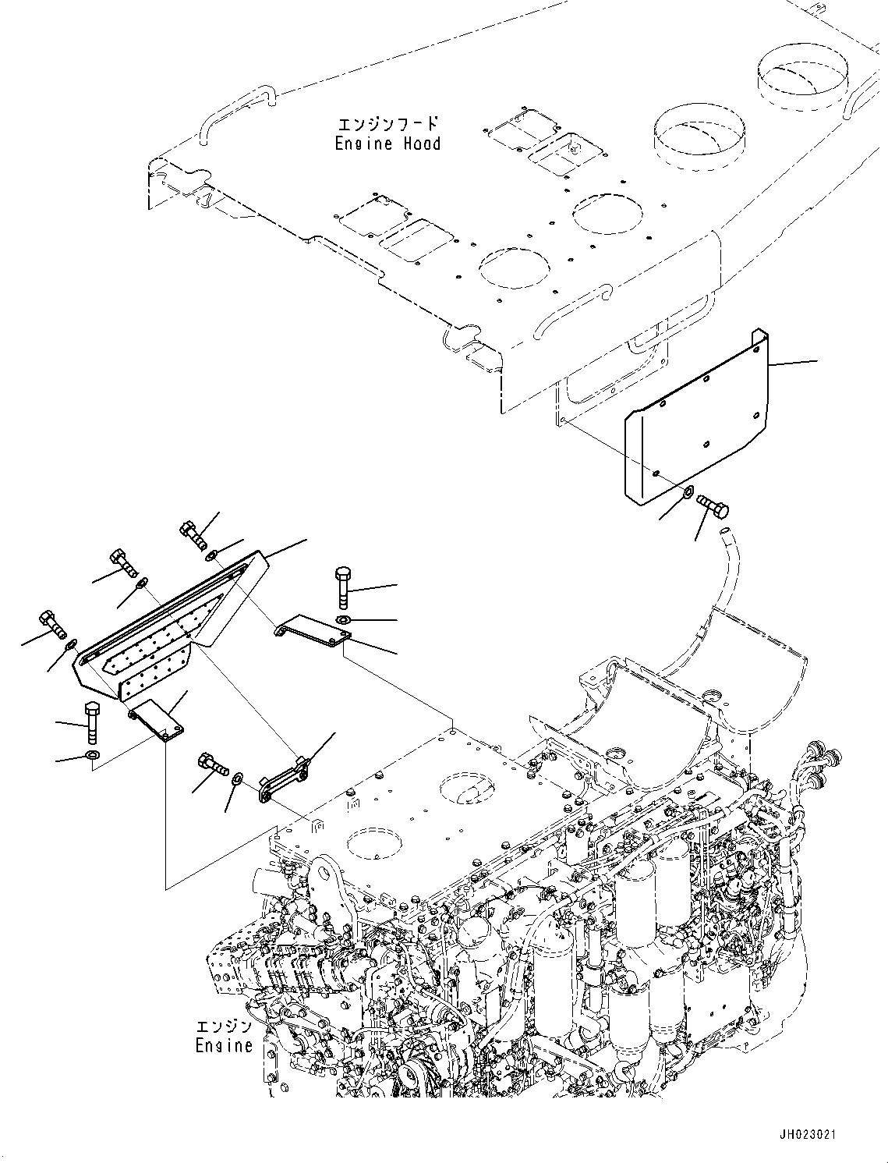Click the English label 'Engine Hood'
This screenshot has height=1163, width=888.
click(x=387, y=144)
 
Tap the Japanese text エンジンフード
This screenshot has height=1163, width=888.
click(x=387, y=124)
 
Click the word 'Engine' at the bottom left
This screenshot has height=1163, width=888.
click(x=224, y=1045)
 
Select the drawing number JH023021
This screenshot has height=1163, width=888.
click(x=806, y=1134)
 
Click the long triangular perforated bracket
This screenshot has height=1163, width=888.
click(x=168, y=624)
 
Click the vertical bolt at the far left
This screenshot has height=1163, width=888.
click(x=90, y=722)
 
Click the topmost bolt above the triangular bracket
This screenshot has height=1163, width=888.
click(x=193, y=533)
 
